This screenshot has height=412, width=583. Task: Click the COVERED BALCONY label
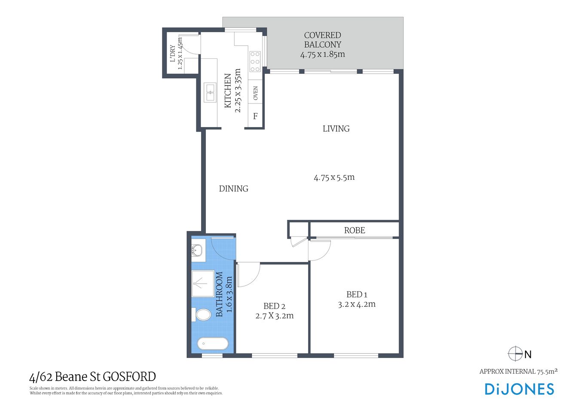(x=322, y=40)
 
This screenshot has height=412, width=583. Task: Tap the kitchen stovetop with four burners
(x=255, y=61)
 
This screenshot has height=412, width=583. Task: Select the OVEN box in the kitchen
(x=255, y=93)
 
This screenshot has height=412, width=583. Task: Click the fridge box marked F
(x=255, y=116)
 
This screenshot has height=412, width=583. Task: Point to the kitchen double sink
(x=210, y=93)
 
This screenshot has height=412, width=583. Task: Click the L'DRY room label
(x=173, y=54)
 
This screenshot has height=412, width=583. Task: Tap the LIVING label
(x=336, y=128)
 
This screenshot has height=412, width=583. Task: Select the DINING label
(x=233, y=188)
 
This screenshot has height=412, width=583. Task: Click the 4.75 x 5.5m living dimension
(x=334, y=177)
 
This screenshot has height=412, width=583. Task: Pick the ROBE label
(x=354, y=230)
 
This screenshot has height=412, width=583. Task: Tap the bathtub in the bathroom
(x=213, y=344)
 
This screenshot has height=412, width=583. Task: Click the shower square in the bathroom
(x=202, y=283)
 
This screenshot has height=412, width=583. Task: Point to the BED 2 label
(x=274, y=306)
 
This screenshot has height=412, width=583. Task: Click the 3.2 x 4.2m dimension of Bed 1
(x=357, y=304)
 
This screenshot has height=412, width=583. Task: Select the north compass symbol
(x=515, y=354)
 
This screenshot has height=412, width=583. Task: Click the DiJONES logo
(x=519, y=389)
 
